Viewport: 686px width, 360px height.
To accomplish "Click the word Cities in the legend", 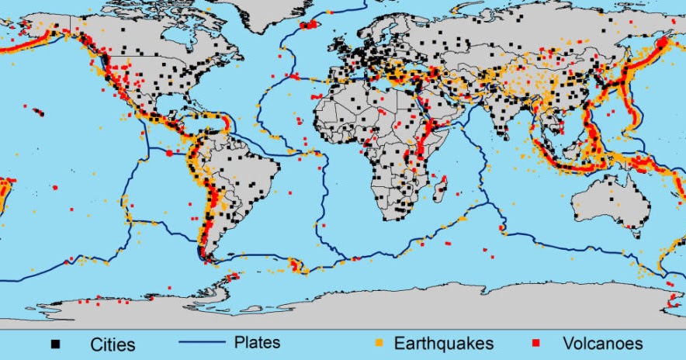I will (x=113, y=344).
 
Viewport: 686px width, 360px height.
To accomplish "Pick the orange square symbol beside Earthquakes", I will (x=379, y=342).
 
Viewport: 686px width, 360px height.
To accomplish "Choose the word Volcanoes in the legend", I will (x=602, y=343).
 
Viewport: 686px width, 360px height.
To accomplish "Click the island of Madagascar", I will (x=442, y=188).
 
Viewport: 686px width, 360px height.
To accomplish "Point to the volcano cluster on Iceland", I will (x=310, y=26).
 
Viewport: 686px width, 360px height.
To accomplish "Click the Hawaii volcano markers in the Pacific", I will (x=38, y=112).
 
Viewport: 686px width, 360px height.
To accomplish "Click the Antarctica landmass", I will (x=388, y=306).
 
